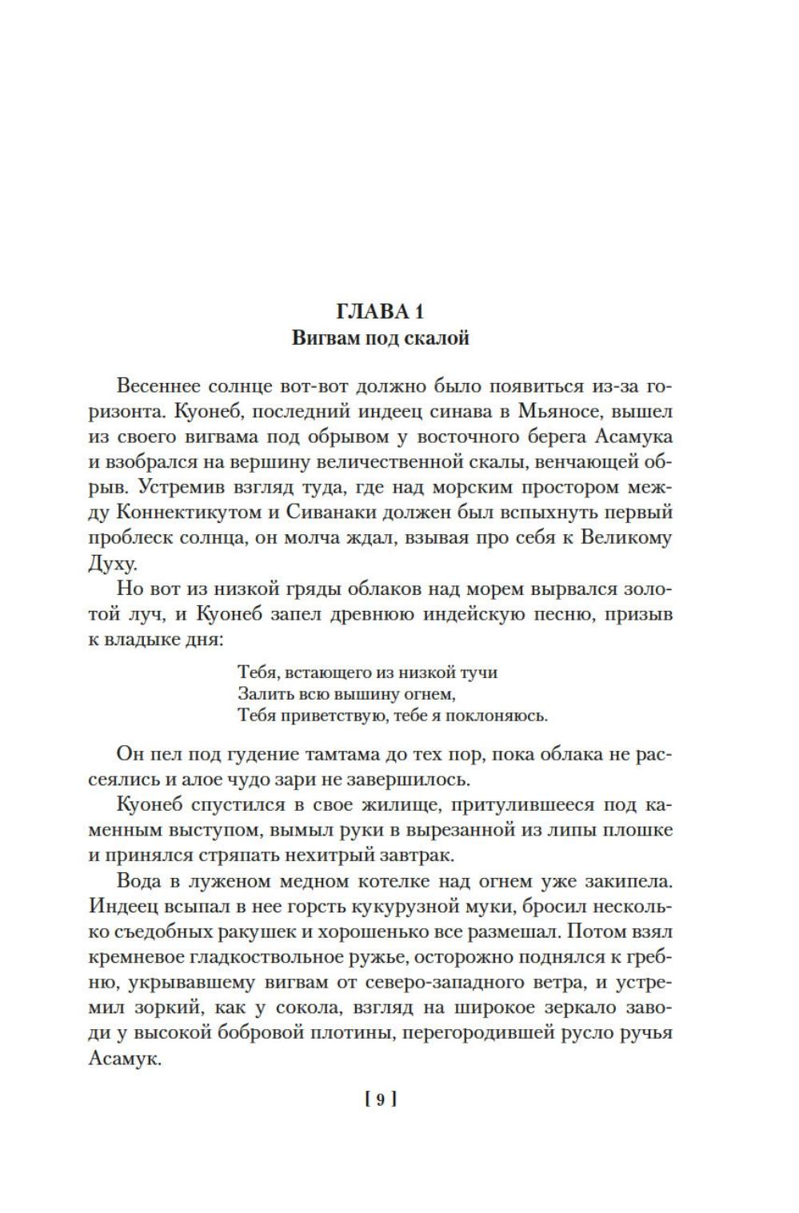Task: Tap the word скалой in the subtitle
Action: pyautogui.click(x=438, y=338)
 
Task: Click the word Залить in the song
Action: pyautogui.click(x=262, y=692)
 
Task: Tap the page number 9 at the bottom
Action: pyautogui.click(x=380, y=1099)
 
